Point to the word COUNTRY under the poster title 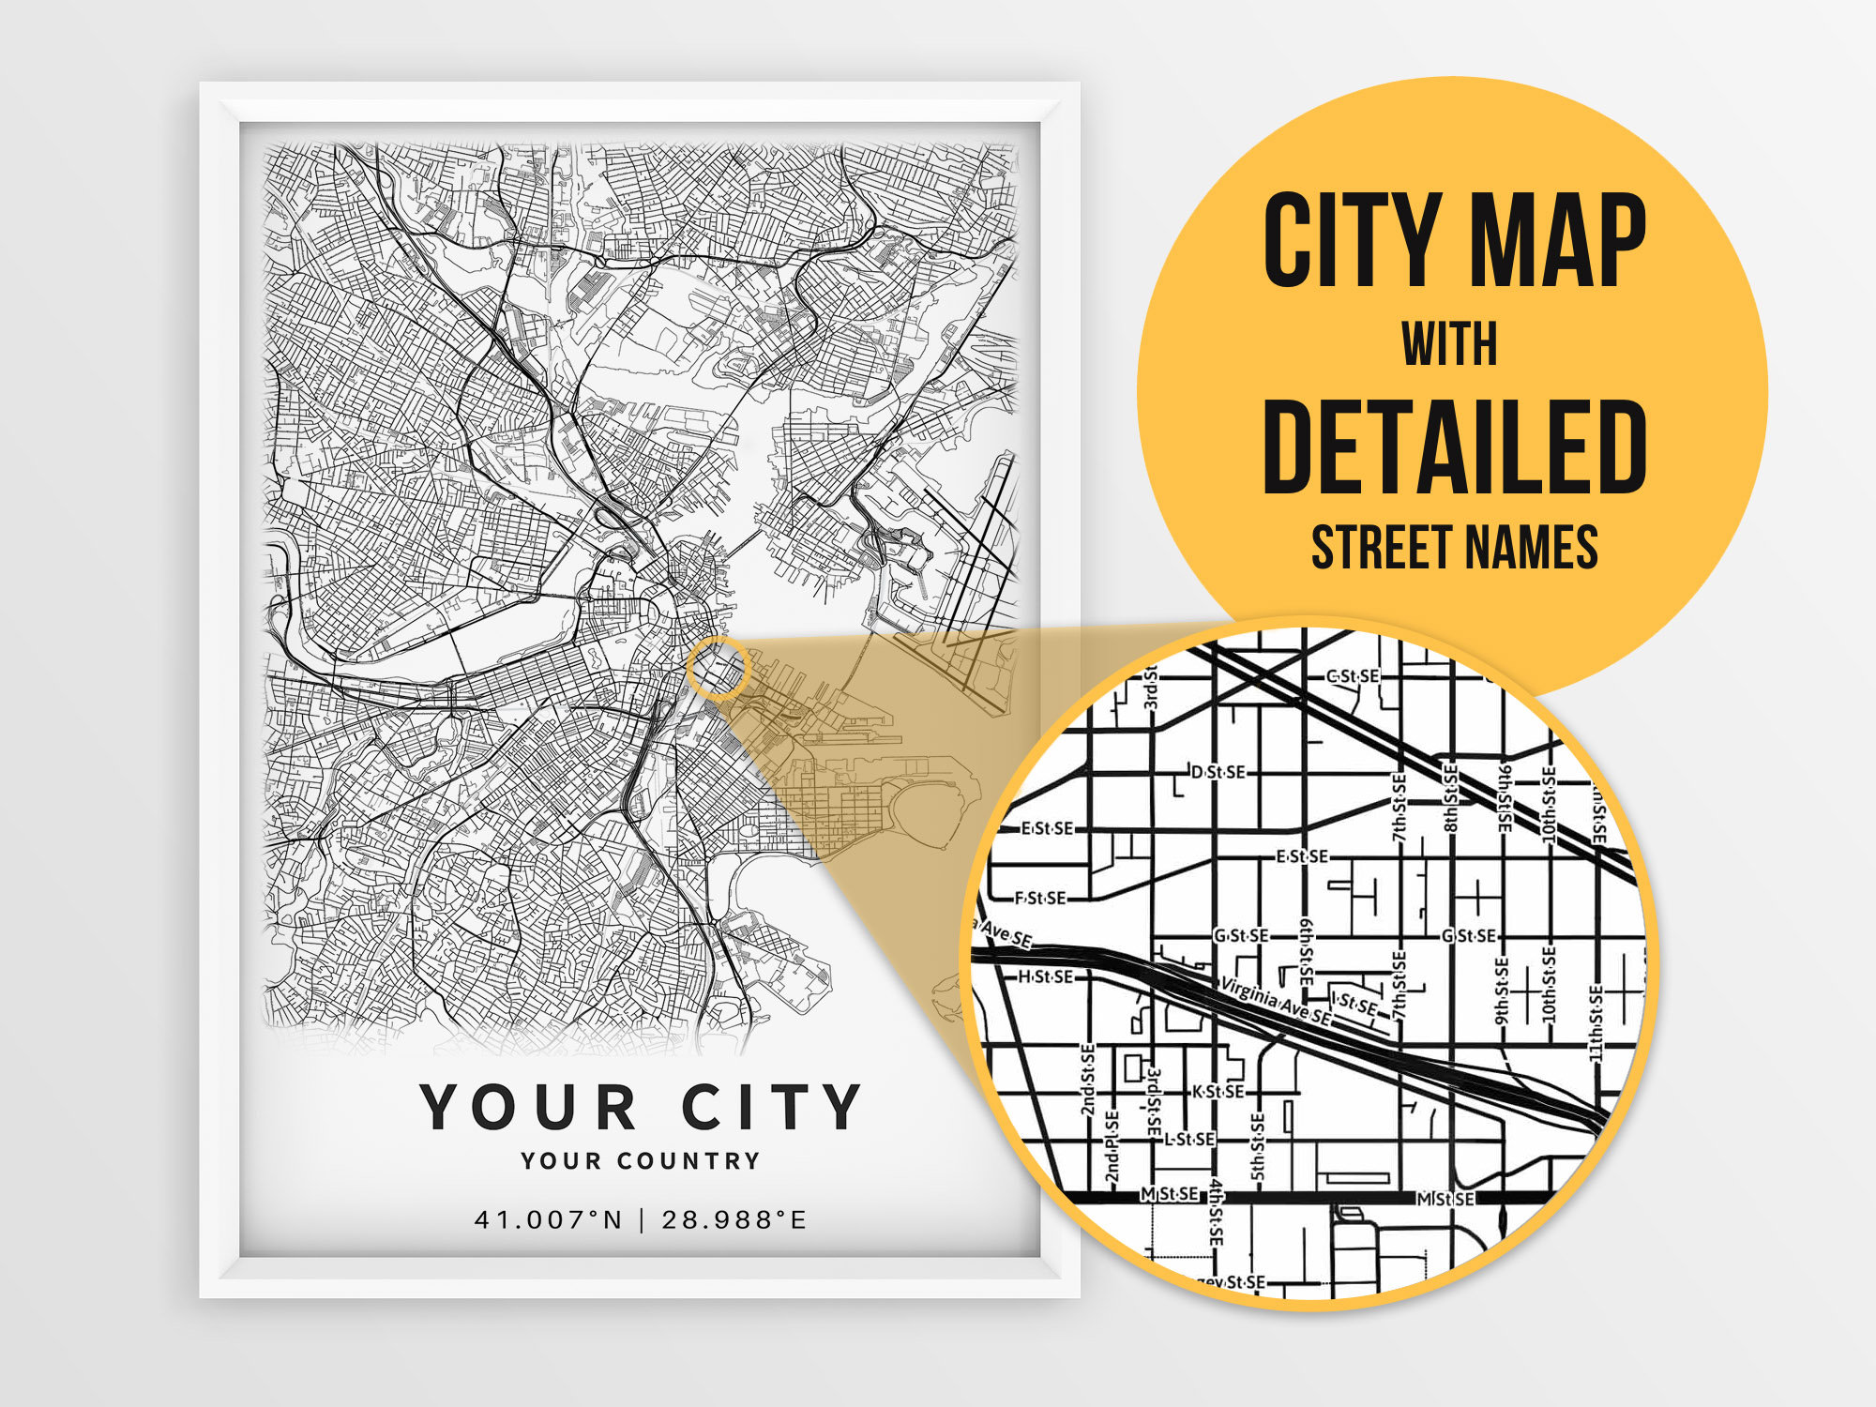[x=688, y=1161]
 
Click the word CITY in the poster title [x=771, y=1107]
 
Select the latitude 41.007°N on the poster [x=549, y=1219]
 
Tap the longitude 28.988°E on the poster [x=734, y=1219]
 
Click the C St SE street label [x=1353, y=676]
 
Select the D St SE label [x=1218, y=772]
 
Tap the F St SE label [x=1040, y=898]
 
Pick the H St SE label [x=1045, y=976]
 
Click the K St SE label [x=1218, y=1091]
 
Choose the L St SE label [x=1189, y=1139]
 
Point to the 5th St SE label [x=1258, y=1146]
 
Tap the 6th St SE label [x=1307, y=949]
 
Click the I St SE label [x=1354, y=1004]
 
